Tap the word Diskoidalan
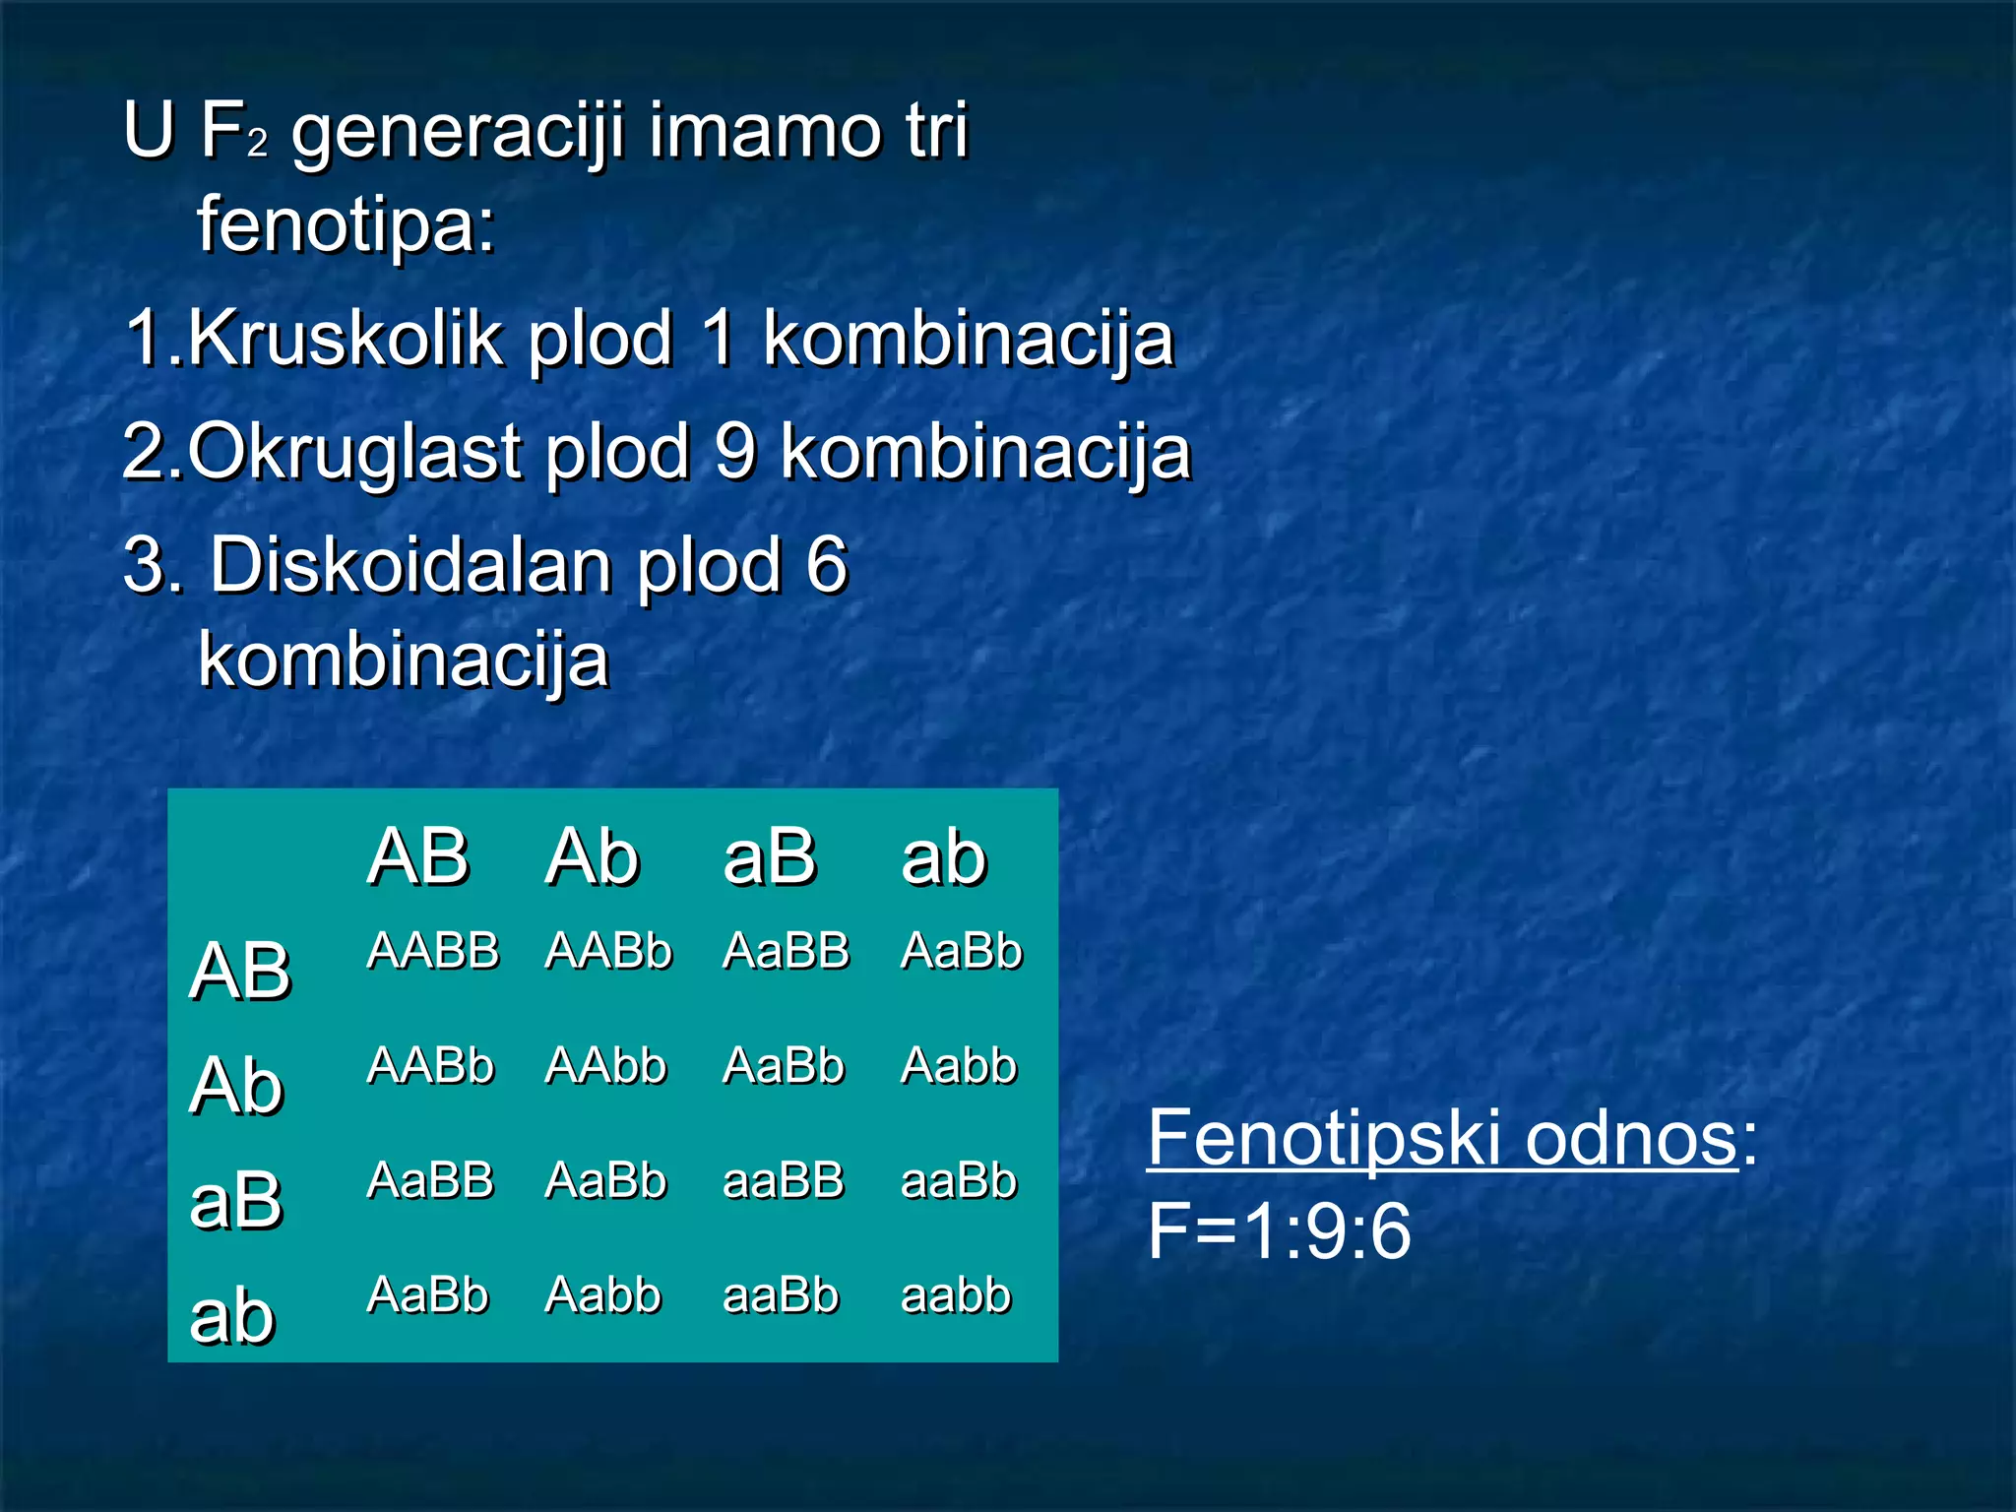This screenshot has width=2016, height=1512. click(413, 567)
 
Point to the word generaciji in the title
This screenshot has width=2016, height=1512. click(459, 132)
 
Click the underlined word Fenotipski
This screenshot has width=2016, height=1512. click(1324, 1138)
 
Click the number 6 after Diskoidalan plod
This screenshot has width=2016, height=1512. click(826, 567)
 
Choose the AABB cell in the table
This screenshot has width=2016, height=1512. click(433, 952)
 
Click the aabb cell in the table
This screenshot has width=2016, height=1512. click(955, 1295)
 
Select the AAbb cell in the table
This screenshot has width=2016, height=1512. click(605, 1066)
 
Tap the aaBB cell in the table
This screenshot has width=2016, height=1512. click(783, 1180)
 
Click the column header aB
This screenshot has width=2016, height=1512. click(769, 857)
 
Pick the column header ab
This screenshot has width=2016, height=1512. click(943, 857)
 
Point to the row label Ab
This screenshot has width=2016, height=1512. click(236, 1086)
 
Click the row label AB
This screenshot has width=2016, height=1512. click(240, 972)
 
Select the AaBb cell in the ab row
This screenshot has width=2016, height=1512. click(427, 1295)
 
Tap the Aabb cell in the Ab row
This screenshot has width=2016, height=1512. click(958, 1066)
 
